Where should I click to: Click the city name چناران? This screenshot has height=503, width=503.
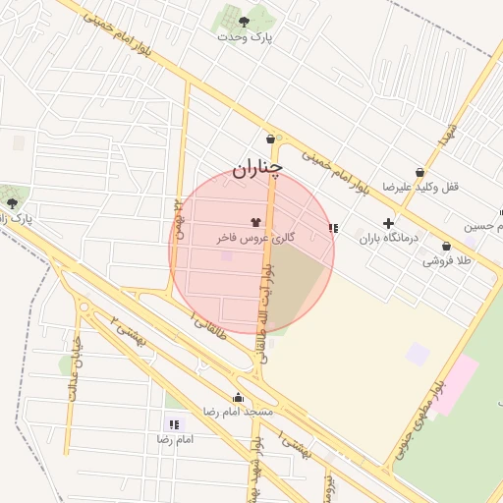(257, 169)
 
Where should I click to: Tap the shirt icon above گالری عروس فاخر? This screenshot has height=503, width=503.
(256, 222)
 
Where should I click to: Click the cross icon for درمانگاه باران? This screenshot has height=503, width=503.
(388, 223)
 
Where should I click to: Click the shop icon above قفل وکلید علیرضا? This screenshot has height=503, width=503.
(420, 172)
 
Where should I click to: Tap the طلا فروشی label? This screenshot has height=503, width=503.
(446, 261)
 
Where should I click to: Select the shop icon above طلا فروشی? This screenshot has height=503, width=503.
(446, 246)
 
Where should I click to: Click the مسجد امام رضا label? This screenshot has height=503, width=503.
(237, 412)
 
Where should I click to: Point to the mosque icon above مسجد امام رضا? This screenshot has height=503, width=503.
(238, 397)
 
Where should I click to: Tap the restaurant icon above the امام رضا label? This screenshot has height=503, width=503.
(175, 424)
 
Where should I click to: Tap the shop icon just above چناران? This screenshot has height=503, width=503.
(269, 139)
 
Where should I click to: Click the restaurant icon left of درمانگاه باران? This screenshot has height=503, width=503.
(334, 228)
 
